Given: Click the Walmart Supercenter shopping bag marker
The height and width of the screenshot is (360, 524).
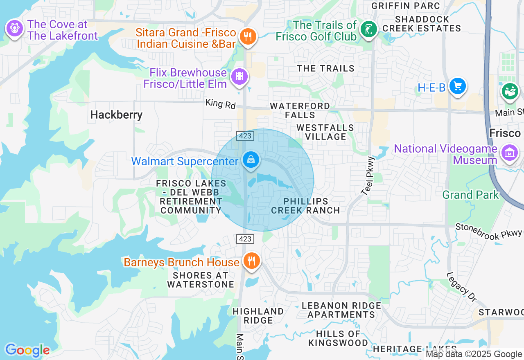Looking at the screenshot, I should [251, 160].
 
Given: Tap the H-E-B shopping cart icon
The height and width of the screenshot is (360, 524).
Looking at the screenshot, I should [457, 86].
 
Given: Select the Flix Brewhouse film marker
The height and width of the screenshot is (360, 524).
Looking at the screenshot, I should [239, 76].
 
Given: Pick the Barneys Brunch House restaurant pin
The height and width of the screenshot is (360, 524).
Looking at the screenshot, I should [251, 261].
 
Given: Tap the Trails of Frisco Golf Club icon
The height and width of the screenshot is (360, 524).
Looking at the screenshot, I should [368, 29].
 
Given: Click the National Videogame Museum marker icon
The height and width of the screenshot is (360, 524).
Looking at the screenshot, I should [510, 153].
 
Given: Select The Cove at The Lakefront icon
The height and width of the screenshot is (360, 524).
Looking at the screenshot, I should [15, 28].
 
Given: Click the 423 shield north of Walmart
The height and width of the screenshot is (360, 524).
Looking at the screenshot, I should [245, 135].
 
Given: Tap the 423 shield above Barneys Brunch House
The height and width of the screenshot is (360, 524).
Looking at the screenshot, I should [245, 239].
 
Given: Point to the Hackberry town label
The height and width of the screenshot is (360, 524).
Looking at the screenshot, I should [116, 115].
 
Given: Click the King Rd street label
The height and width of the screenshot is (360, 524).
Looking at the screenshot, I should [221, 104].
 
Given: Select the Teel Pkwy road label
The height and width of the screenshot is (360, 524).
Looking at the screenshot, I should [368, 175].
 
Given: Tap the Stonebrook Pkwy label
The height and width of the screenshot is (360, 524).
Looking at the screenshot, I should [489, 231].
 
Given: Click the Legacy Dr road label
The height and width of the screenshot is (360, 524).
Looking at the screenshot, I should [461, 287].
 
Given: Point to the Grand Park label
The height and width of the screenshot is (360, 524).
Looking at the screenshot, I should [470, 195].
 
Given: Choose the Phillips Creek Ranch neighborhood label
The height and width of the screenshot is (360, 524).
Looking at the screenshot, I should [305, 206].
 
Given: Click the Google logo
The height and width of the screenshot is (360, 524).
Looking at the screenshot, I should [27, 350].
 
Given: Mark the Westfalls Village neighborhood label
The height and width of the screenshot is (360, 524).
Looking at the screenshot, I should [325, 132].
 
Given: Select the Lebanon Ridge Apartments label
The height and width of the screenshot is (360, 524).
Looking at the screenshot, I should [341, 310].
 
